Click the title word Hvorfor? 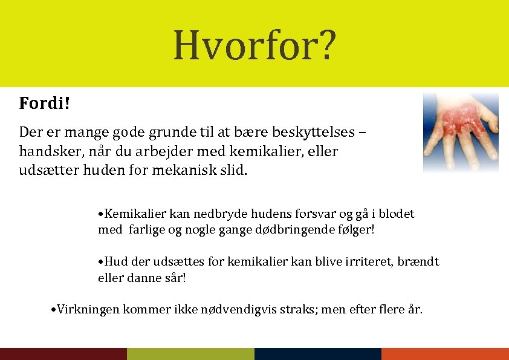tap(254, 46)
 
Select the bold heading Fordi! tap(45, 103)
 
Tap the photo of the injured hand tap(461, 131)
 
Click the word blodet tap(397, 214)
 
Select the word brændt tap(420, 262)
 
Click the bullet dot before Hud tap(101, 263)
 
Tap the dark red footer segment tap(63, 354)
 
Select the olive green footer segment tap(190, 354)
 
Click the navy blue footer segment tap(318, 354)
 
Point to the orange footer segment tap(445, 354)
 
